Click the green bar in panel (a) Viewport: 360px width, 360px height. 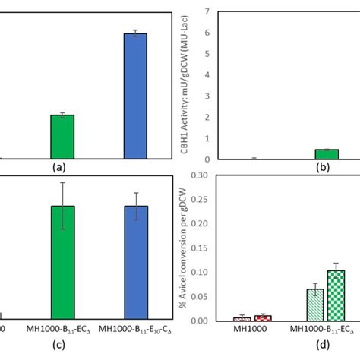pyautogui.click(x=62, y=137)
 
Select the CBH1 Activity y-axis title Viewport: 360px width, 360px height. pyautogui.click(x=187, y=85)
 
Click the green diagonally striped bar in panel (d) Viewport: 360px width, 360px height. pyautogui.click(x=314, y=305)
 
